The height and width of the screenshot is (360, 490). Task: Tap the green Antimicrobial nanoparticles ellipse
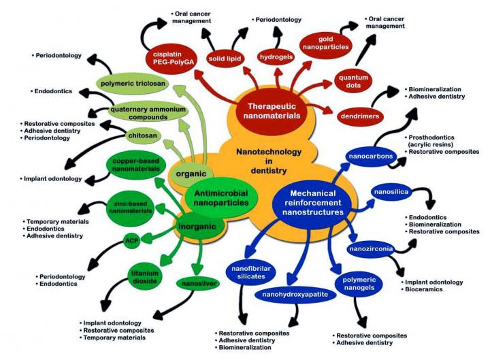tap(217, 197)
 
